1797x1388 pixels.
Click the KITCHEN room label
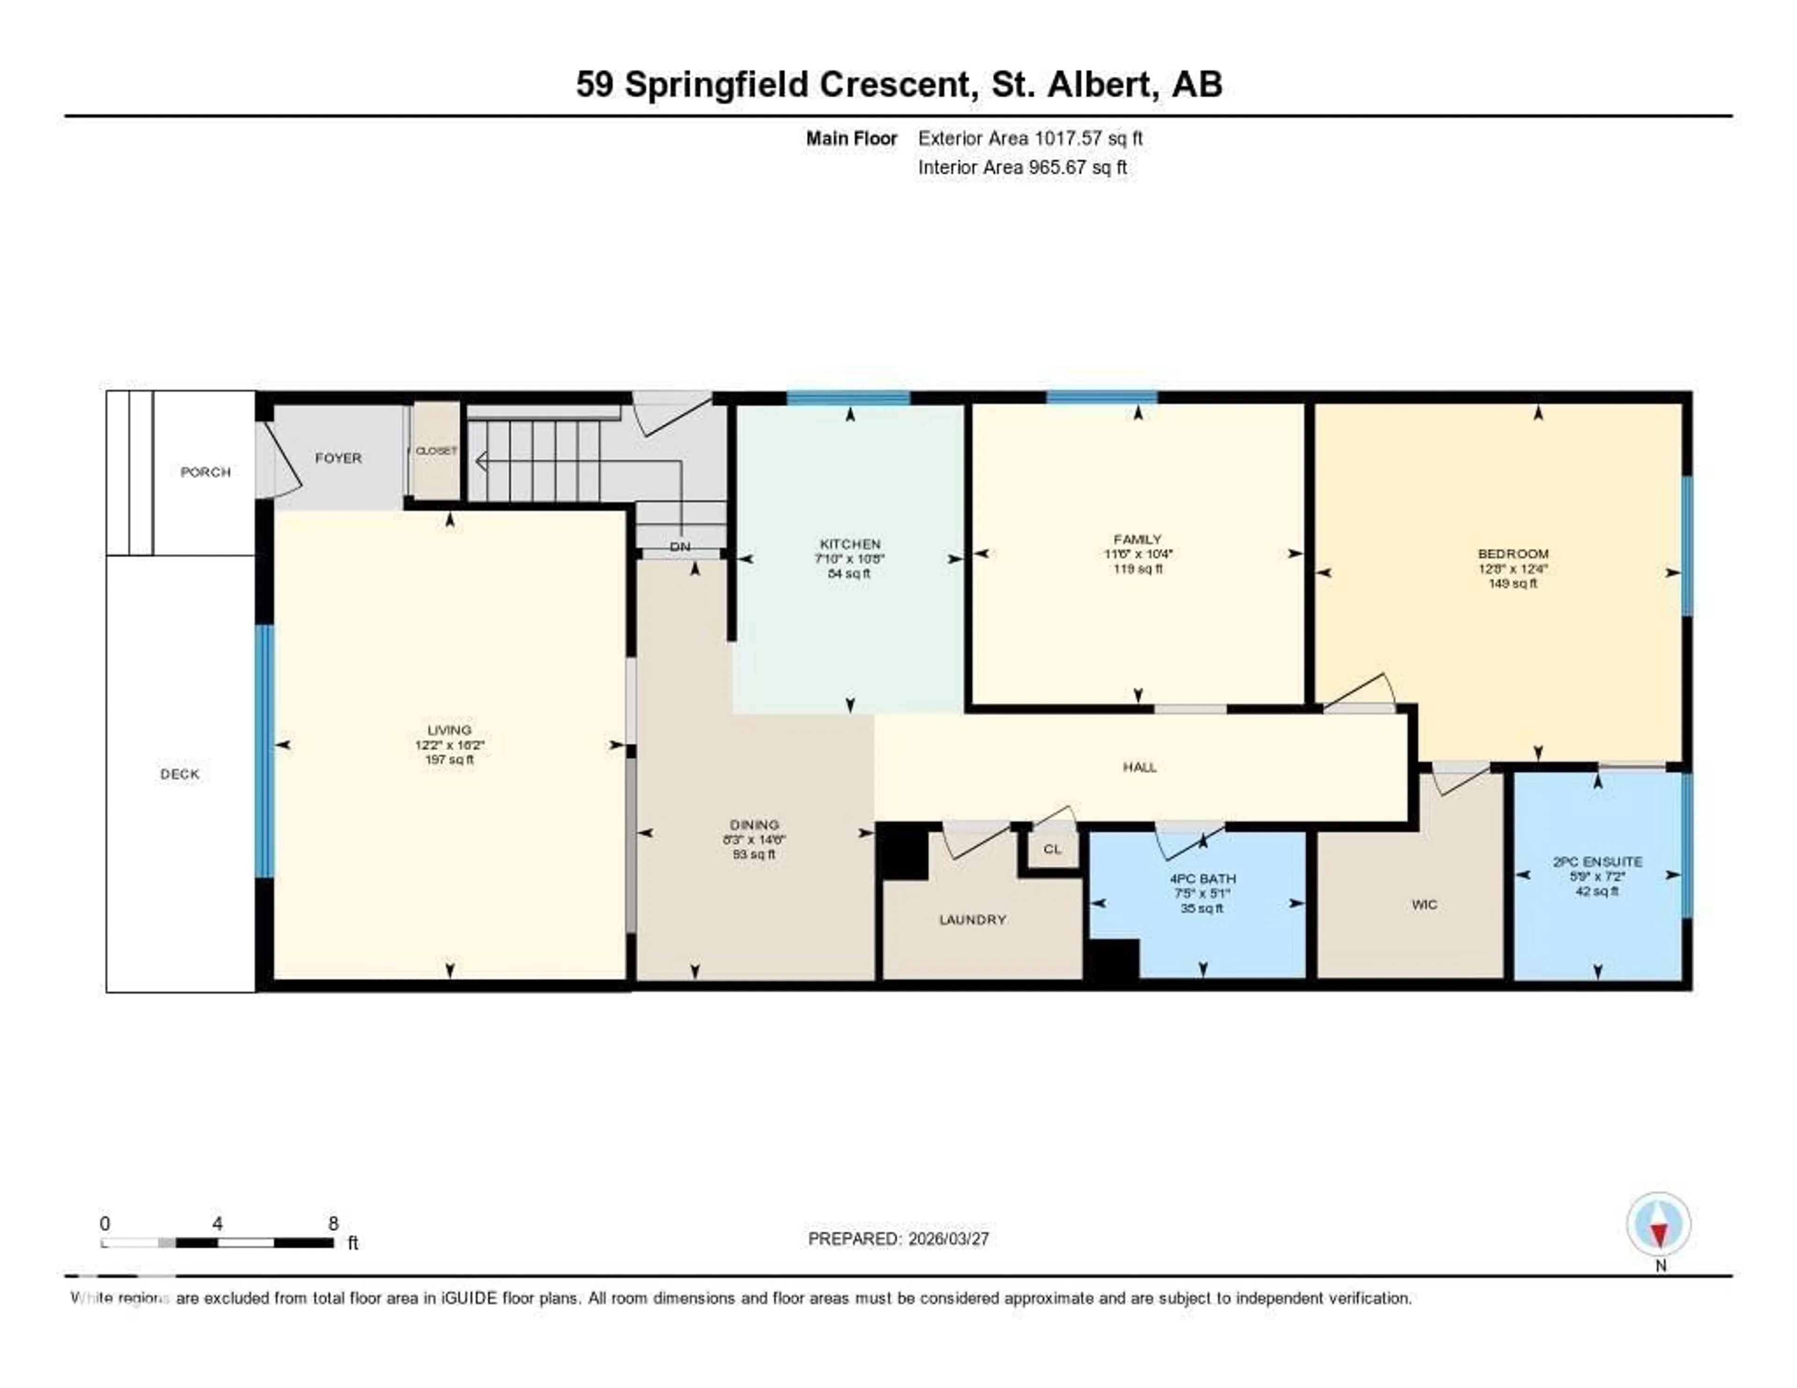tap(850, 544)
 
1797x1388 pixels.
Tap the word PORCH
tap(205, 471)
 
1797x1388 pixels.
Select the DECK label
tap(179, 774)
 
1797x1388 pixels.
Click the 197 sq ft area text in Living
tap(449, 760)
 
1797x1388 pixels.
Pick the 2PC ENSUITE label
tap(1597, 862)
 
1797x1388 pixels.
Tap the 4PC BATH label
tap(1202, 878)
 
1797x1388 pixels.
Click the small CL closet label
tap(1052, 849)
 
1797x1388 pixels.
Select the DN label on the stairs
tap(679, 546)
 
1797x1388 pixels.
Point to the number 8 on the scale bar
tap(333, 1223)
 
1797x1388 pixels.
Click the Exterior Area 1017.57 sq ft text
tap(1030, 138)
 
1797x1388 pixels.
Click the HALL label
tap(1140, 767)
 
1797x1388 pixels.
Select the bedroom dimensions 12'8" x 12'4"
tap(1512, 569)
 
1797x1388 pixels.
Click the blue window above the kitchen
tap(848, 398)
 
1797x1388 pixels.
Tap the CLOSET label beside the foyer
tap(436, 451)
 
